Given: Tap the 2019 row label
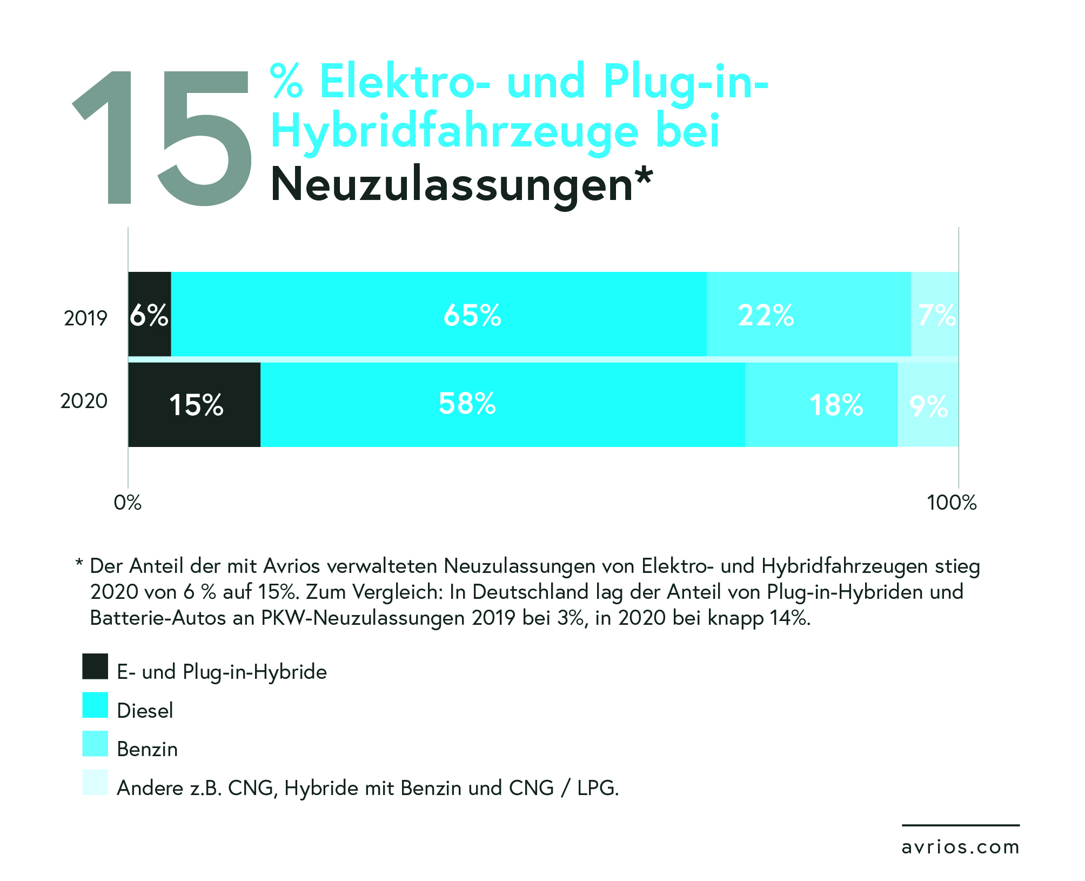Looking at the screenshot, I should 85,318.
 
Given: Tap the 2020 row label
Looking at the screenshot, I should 84,401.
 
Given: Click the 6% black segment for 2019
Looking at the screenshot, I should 150,315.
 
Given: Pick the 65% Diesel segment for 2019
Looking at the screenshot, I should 439,315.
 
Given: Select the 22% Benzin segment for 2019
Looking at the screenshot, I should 808,315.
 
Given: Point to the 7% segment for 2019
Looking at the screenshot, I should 935,315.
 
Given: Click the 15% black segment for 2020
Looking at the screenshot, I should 195,405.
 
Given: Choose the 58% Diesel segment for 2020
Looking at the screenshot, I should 503,405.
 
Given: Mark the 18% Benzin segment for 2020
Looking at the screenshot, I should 821,405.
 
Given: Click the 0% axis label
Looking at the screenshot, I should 128,503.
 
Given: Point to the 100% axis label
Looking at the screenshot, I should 952,503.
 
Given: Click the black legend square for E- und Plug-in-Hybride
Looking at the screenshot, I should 95,666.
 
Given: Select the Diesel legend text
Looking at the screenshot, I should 145,711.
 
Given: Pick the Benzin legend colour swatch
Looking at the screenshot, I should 95,744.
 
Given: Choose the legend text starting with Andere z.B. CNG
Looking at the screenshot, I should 367,788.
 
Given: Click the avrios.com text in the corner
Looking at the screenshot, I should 960,847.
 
